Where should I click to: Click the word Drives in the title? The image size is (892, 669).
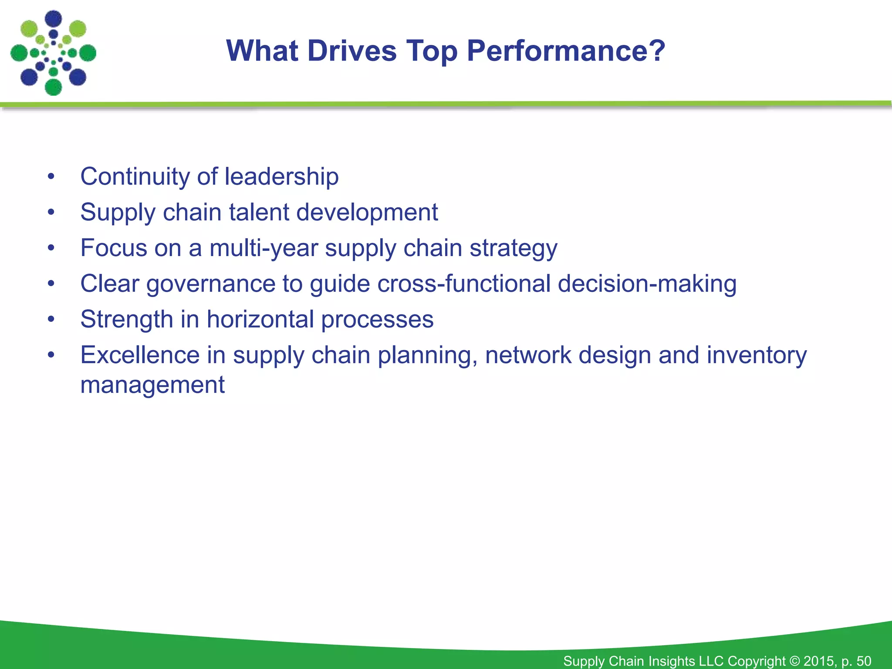[352, 51]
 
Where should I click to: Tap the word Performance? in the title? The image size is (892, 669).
[566, 51]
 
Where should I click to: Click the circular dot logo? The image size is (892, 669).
[53, 53]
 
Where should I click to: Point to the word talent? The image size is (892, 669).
[259, 212]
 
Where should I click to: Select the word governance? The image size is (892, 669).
[211, 284]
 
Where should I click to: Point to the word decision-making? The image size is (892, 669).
[647, 284]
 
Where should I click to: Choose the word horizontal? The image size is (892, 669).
[260, 319]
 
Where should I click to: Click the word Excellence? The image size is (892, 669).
[140, 355]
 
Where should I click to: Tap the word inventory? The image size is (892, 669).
[757, 355]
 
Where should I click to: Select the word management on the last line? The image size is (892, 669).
[152, 385]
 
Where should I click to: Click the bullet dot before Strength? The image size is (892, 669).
[51, 319]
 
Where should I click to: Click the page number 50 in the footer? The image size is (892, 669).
[864, 661]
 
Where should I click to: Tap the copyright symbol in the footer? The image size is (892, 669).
[794, 661]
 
